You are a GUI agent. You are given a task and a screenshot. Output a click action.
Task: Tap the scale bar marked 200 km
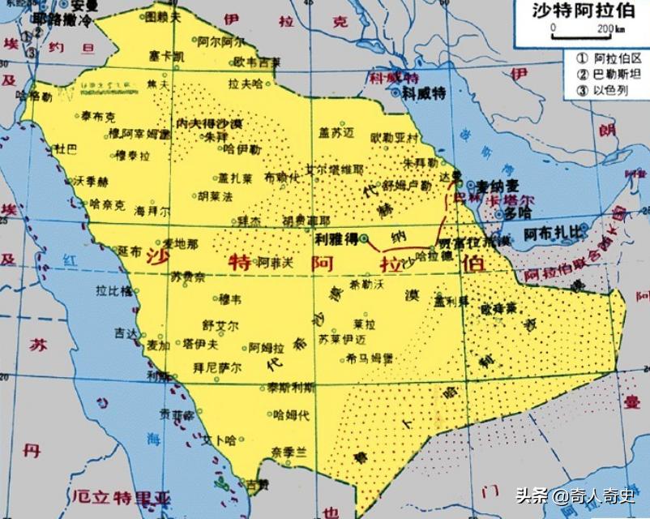tap(581, 34)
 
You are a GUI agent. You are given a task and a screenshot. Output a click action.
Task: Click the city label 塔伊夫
tap(200, 344)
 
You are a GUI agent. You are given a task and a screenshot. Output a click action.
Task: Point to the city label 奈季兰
tap(289, 451)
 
